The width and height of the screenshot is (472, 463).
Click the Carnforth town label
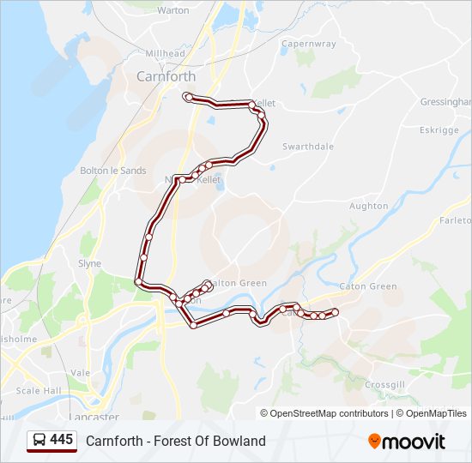(166, 76)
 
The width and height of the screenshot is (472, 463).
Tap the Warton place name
(173, 11)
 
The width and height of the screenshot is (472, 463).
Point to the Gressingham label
(445, 101)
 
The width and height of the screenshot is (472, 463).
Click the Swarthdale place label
(308, 147)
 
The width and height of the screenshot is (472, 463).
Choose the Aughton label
(369, 207)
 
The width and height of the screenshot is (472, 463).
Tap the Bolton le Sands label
(112, 171)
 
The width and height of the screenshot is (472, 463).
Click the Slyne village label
(89, 264)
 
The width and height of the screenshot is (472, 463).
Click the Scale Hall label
(39, 391)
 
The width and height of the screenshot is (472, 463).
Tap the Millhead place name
(165, 53)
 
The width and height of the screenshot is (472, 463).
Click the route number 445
(61, 440)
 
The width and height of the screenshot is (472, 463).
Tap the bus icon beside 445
(39, 441)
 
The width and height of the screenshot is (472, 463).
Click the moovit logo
(407, 441)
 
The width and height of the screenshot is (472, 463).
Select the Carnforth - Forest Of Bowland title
(176, 441)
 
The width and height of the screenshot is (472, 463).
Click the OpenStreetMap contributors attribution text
(329, 413)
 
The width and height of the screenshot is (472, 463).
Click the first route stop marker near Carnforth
(188, 97)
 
